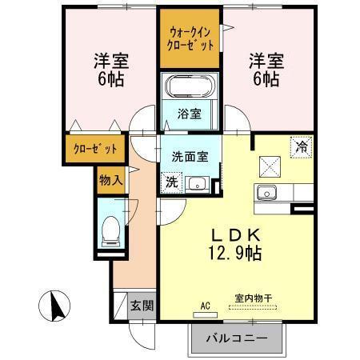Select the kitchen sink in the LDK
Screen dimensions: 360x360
[266, 194]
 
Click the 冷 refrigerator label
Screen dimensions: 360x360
[301, 147]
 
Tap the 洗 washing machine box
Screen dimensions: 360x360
[172, 183]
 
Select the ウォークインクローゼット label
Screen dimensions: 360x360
[190, 38]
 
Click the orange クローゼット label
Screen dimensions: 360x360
[95, 149]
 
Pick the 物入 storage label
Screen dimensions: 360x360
[111, 179]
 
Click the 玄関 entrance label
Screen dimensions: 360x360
[145, 306]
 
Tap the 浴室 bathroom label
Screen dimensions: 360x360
[190, 114]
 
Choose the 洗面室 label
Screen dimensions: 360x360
[191, 157]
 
